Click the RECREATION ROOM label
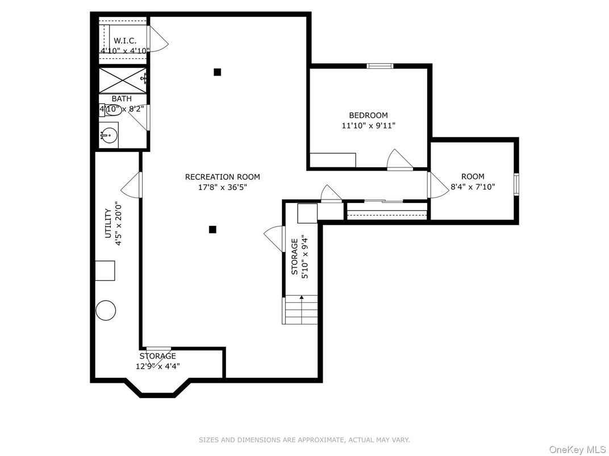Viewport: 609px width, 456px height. point(222,177)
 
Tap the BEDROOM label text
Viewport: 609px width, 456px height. point(368,115)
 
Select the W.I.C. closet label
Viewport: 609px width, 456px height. point(124,41)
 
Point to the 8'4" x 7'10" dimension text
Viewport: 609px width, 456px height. point(473,186)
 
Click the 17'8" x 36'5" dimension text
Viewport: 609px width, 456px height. point(222,187)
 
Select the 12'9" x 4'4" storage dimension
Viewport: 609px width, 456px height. point(157,366)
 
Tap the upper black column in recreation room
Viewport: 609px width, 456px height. point(217,72)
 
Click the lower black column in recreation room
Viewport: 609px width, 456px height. point(212,229)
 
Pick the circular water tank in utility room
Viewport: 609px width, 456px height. point(106,310)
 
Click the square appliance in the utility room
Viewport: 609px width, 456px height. point(105,271)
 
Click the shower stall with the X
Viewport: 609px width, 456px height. point(123,80)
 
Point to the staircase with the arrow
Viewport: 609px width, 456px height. point(300,310)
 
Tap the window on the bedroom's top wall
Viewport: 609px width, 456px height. point(380,66)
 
